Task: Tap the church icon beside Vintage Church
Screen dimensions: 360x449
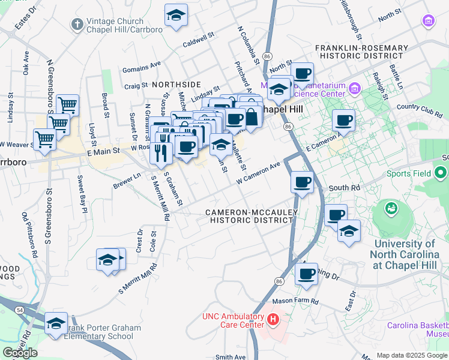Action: [x=77, y=24]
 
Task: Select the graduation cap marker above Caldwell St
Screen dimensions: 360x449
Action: [x=176, y=16]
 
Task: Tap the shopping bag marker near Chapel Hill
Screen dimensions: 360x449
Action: [x=252, y=116]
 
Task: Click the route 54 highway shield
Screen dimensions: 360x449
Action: [x=21, y=309]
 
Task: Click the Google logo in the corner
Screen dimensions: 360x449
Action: [x=20, y=352]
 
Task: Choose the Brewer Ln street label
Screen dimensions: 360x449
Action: [x=126, y=181]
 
